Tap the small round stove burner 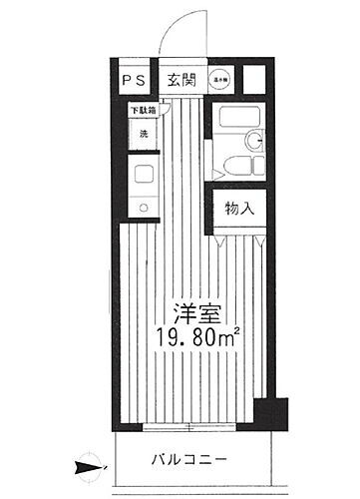[x=142, y=208]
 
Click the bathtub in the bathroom [x=234, y=127]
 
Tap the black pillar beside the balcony [x=267, y=411]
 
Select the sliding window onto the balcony [x=189, y=426]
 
